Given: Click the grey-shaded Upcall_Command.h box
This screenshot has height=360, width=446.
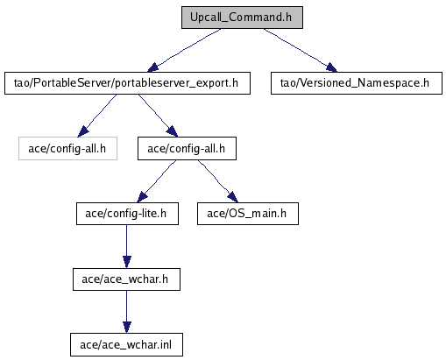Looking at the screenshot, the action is (x=242, y=18).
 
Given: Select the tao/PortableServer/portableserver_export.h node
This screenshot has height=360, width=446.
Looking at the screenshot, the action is (x=127, y=83).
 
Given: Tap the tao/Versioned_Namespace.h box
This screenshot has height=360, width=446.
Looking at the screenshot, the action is (x=357, y=83).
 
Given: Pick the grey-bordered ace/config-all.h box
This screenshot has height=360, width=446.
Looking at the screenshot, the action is (x=67, y=149).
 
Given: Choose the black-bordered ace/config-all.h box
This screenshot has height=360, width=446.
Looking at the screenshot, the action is (x=187, y=149).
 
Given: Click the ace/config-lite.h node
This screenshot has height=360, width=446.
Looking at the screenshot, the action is (x=127, y=214).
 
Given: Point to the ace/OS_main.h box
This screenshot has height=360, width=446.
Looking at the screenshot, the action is (x=248, y=214).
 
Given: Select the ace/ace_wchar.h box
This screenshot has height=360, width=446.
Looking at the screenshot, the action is (x=126, y=279).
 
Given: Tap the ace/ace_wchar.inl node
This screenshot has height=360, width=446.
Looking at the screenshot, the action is (x=126, y=345).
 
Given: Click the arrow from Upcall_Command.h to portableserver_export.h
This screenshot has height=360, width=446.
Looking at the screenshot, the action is (x=184, y=50).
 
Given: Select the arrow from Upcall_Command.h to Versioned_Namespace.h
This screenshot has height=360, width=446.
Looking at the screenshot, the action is (x=301, y=50).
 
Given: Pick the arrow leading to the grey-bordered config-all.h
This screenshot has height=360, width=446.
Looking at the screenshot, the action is (x=97, y=116).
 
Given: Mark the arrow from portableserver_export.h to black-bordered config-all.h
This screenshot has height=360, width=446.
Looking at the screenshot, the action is (x=158, y=116).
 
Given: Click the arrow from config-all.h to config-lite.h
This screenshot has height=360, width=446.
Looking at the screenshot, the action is (x=157, y=181).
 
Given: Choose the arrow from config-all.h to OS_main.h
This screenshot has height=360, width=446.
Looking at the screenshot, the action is (x=218, y=181).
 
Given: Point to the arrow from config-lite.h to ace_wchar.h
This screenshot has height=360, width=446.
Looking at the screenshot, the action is (x=126, y=246).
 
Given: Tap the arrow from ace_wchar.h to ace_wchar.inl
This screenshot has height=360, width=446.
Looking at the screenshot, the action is (x=126, y=312).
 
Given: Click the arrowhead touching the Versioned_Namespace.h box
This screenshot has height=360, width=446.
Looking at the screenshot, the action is (x=332, y=67).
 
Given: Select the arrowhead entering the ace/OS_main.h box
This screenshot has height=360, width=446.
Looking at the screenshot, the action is (x=233, y=197).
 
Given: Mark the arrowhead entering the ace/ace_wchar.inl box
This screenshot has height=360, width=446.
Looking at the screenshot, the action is (x=126, y=328).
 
